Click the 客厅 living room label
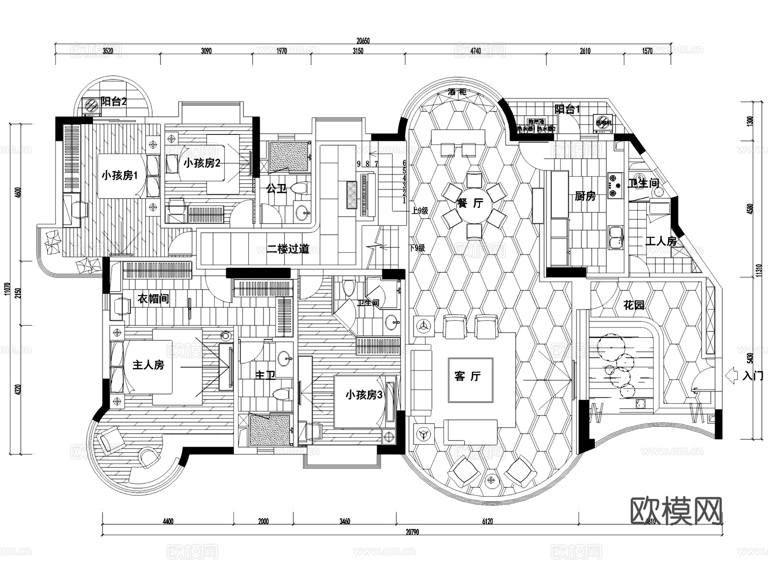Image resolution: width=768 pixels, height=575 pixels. (x=468, y=376)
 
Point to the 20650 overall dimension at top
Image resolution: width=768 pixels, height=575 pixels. (x=363, y=41)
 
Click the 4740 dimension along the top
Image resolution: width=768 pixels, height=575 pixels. (x=475, y=51)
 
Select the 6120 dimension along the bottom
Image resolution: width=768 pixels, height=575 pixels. (x=487, y=521)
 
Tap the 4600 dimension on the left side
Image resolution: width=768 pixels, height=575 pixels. (x=17, y=192)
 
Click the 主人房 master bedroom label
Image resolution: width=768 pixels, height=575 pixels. (x=148, y=365)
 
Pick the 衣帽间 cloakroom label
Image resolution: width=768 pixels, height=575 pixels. (x=153, y=299)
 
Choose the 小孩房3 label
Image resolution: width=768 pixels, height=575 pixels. (x=364, y=395)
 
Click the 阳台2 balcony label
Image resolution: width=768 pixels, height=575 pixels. (x=113, y=101)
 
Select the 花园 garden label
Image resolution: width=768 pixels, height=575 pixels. (x=634, y=305)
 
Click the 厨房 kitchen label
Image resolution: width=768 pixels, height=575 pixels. (x=585, y=196)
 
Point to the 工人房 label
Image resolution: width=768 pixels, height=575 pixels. (x=661, y=241)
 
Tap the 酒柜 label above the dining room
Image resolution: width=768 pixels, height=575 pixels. (x=457, y=92)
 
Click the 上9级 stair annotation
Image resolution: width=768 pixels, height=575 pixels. (x=419, y=210)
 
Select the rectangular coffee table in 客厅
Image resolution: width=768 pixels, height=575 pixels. (x=470, y=380)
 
